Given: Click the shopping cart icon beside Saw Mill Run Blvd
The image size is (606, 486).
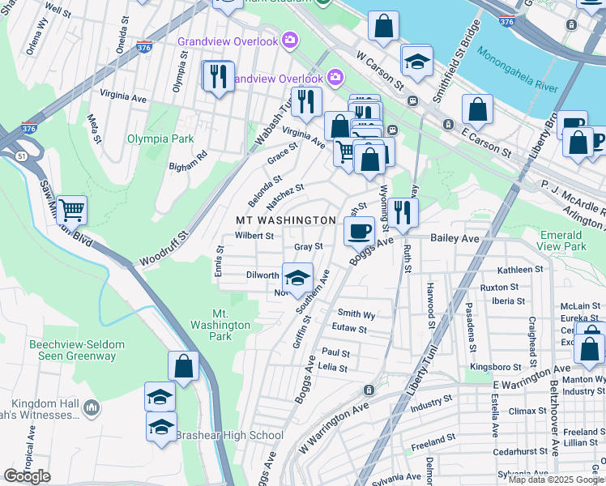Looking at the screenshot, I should pos(72,211).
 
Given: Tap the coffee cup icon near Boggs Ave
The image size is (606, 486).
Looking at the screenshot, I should pos(359,231).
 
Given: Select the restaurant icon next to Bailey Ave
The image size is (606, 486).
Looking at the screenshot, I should pos(401,213).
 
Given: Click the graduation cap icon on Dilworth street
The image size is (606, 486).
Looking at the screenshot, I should pos(297,277).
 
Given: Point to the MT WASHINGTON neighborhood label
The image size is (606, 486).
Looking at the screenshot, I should pos(285,220).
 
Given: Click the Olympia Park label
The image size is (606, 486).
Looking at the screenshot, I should pos(160,139).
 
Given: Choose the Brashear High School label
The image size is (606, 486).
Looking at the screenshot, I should pos(229,435).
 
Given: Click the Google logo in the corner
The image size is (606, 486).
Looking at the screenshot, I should pos(27,476).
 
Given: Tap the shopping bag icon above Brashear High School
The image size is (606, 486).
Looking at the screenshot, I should pos(184,366).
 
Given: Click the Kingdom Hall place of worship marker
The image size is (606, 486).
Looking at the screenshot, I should pos(90,404).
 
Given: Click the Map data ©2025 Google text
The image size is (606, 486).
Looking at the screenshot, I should pos(556,480).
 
